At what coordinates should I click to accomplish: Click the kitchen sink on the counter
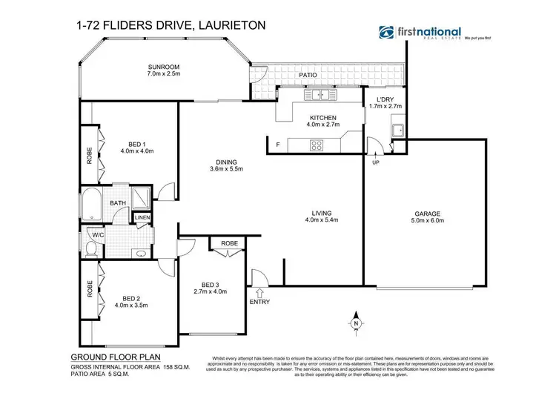click(321, 94)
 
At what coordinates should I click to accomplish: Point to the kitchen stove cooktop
click(317, 145)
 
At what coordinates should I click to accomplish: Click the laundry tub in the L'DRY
click(397, 131)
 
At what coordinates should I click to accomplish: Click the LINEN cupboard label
click(142, 217)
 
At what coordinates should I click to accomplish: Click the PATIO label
click(308, 75)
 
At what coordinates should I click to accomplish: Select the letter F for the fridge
click(277, 144)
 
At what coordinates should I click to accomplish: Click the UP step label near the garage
click(376, 162)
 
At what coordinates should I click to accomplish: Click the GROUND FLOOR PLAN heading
click(101, 357)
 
